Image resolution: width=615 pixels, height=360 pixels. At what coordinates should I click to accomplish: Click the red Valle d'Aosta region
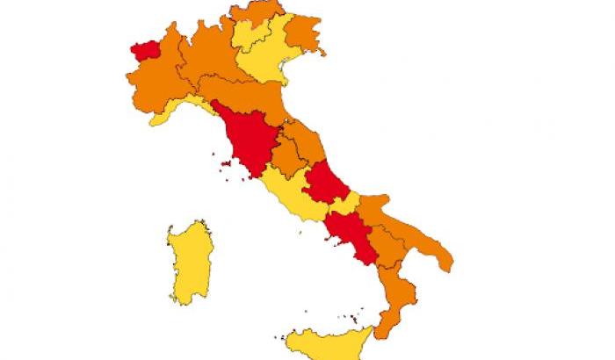(x=141, y=50)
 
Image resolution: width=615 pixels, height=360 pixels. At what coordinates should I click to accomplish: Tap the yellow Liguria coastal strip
(x=176, y=112)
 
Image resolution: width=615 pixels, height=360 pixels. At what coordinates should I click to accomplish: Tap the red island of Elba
(x=216, y=162)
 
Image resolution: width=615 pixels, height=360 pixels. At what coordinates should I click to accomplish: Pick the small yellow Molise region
(x=348, y=203)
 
